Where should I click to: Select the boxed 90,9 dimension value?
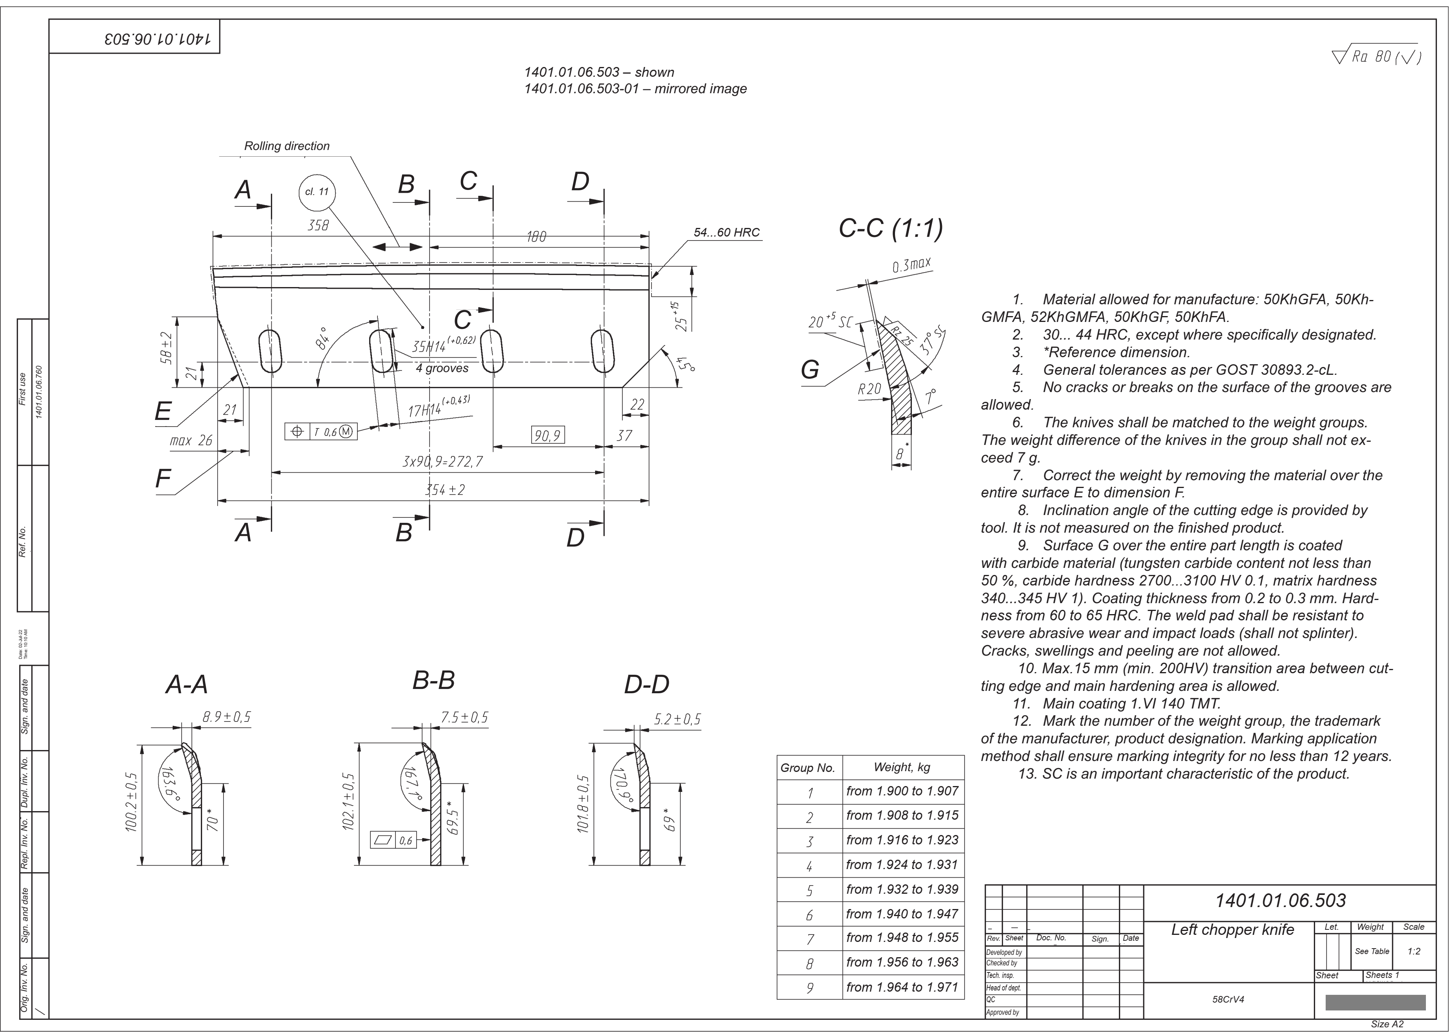coord(548,435)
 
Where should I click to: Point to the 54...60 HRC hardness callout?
coord(727,233)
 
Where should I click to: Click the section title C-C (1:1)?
coord(891,228)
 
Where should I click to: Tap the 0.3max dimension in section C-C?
coord(911,265)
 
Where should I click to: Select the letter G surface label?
coord(810,369)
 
